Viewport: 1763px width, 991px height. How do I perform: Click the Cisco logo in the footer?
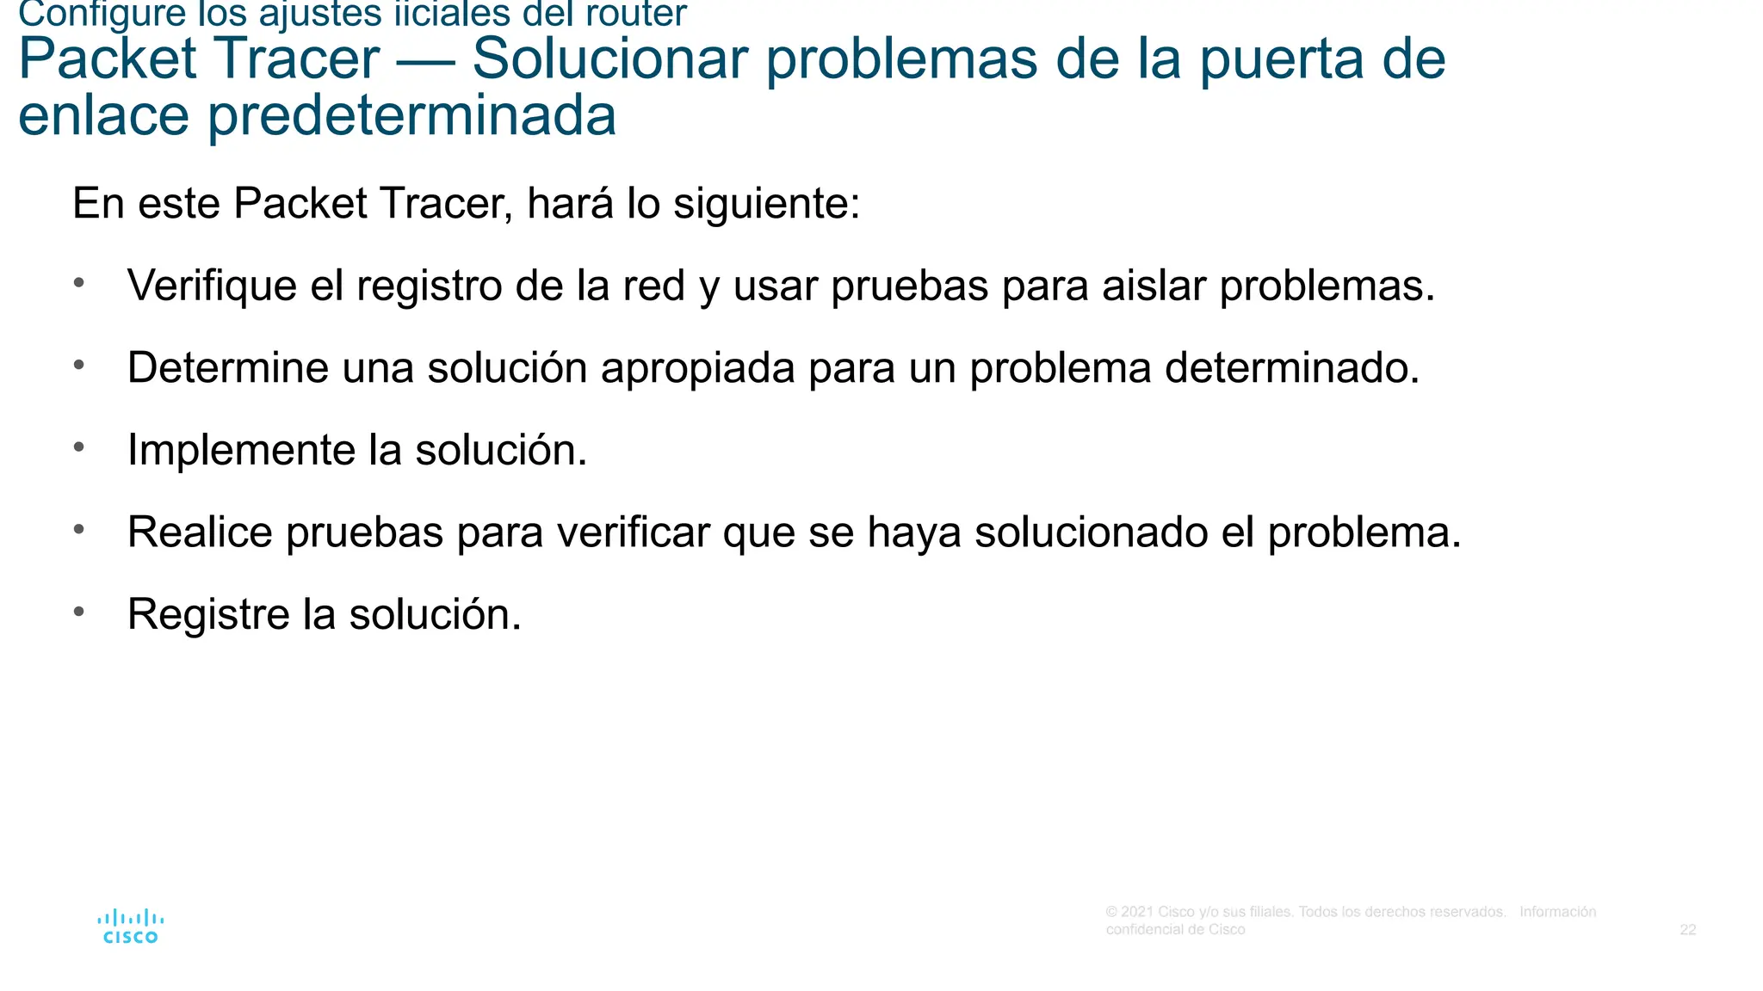tap(130, 926)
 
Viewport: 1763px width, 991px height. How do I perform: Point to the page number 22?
tap(1687, 930)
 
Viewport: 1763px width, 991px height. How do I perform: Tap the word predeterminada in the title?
tap(411, 115)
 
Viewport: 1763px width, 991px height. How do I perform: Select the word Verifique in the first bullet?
tap(212, 286)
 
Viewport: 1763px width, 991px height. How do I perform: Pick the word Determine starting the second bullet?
tap(227, 368)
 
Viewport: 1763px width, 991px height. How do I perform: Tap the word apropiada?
tap(697, 368)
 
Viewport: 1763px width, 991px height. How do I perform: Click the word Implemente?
tap(241, 450)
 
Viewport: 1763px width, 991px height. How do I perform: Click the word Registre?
tap(208, 614)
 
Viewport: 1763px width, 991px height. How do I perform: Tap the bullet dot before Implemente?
tap(79, 446)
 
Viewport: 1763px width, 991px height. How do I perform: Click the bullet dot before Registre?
tap(79, 611)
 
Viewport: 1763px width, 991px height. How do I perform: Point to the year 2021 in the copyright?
tap(1136, 912)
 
